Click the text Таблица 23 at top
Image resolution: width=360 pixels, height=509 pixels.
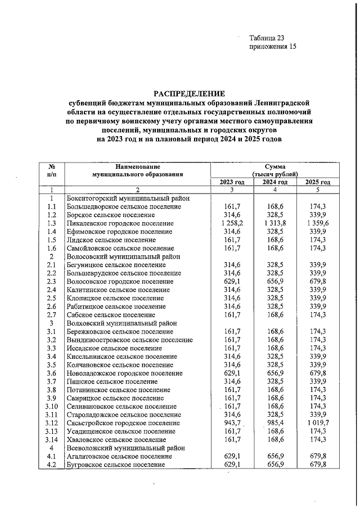click(x=267, y=38)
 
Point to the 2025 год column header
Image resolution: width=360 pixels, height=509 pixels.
click(x=318, y=182)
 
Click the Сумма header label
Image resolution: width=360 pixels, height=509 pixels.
click(x=275, y=166)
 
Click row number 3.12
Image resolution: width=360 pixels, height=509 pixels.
click(x=52, y=422)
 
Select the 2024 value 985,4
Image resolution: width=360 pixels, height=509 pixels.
click(x=276, y=422)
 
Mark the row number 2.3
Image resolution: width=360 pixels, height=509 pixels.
click(x=52, y=281)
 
